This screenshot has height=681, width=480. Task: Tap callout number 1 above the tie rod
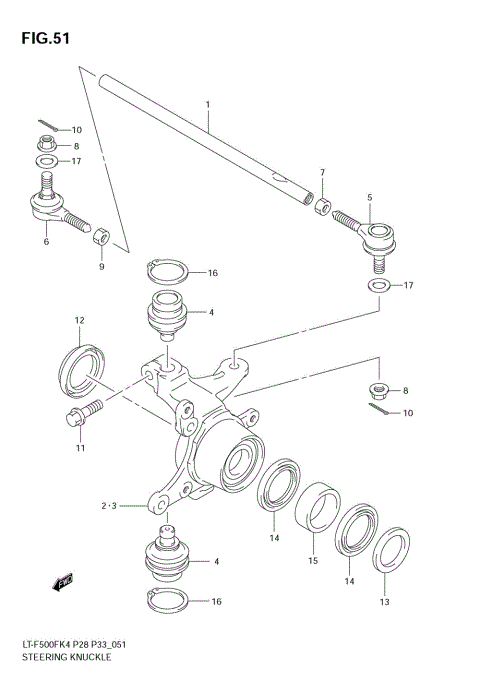208,104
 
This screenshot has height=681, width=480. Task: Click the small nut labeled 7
322,206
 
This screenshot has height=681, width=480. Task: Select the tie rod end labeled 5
374,238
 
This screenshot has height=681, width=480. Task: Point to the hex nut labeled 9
100,238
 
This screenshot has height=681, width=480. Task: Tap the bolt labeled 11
85,411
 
